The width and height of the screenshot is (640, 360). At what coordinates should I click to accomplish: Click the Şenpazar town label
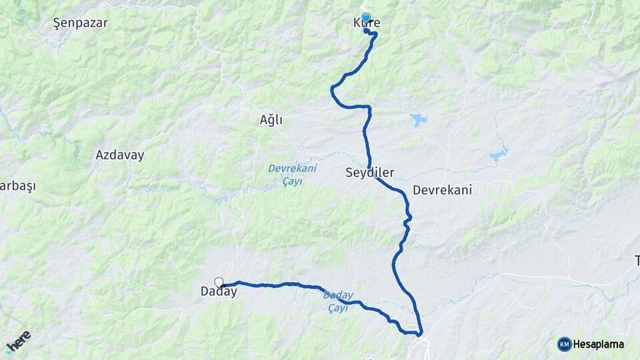tap(80, 23)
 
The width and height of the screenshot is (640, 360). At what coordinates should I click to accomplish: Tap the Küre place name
tap(367, 23)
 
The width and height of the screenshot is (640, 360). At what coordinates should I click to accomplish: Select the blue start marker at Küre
tap(365, 18)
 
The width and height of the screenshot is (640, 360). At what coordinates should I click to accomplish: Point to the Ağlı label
tap(271, 120)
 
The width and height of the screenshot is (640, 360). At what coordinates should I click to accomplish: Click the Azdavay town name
tap(119, 155)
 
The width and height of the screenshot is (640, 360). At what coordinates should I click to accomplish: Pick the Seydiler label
tap(369, 173)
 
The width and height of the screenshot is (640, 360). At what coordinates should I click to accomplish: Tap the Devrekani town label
tap(442, 190)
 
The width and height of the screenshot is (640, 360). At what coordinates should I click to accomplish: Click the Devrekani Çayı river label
tap(292, 175)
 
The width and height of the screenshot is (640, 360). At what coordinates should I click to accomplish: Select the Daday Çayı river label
tap(337, 301)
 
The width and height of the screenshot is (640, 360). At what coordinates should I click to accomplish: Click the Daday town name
tap(219, 292)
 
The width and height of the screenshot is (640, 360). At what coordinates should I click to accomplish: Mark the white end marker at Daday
tap(219, 282)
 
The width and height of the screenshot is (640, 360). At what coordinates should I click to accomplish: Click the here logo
tap(18, 341)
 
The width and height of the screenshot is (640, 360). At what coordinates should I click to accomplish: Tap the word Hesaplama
tap(598, 344)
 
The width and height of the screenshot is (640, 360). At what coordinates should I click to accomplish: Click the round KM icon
tap(564, 344)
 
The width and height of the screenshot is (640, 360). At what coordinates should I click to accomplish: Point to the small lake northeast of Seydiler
tap(419, 120)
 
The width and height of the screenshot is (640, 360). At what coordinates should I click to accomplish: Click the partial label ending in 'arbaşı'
tap(17, 186)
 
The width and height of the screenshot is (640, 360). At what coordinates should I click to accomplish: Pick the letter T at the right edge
tap(637, 260)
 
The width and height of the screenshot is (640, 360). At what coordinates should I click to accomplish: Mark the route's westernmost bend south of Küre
tap(332, 91)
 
